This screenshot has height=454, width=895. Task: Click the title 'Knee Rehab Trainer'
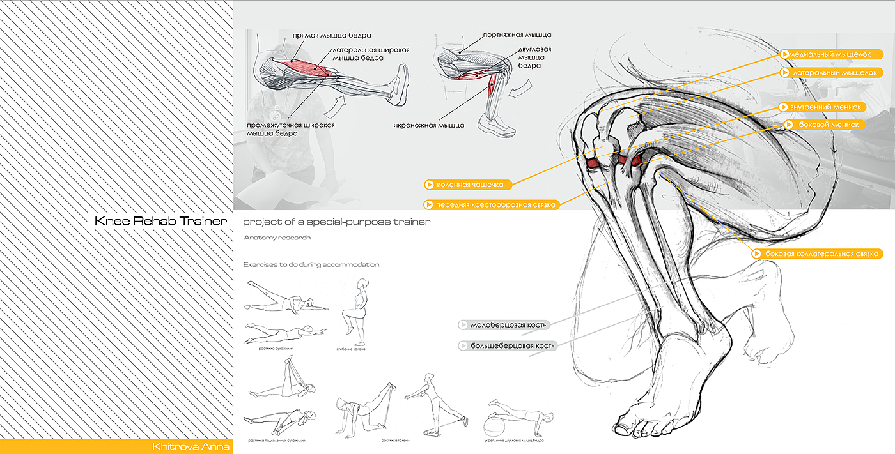(160, 222)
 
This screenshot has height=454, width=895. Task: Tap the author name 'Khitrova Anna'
(189, 446)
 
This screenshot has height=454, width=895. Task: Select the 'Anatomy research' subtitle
(277, 238)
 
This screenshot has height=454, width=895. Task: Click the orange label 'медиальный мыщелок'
(830, 54)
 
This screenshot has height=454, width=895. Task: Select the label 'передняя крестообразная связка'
(492, 205)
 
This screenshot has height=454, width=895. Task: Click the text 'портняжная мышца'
(517, 34)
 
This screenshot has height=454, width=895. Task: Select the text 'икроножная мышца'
(428, 125)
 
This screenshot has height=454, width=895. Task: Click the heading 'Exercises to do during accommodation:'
(312, 264)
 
